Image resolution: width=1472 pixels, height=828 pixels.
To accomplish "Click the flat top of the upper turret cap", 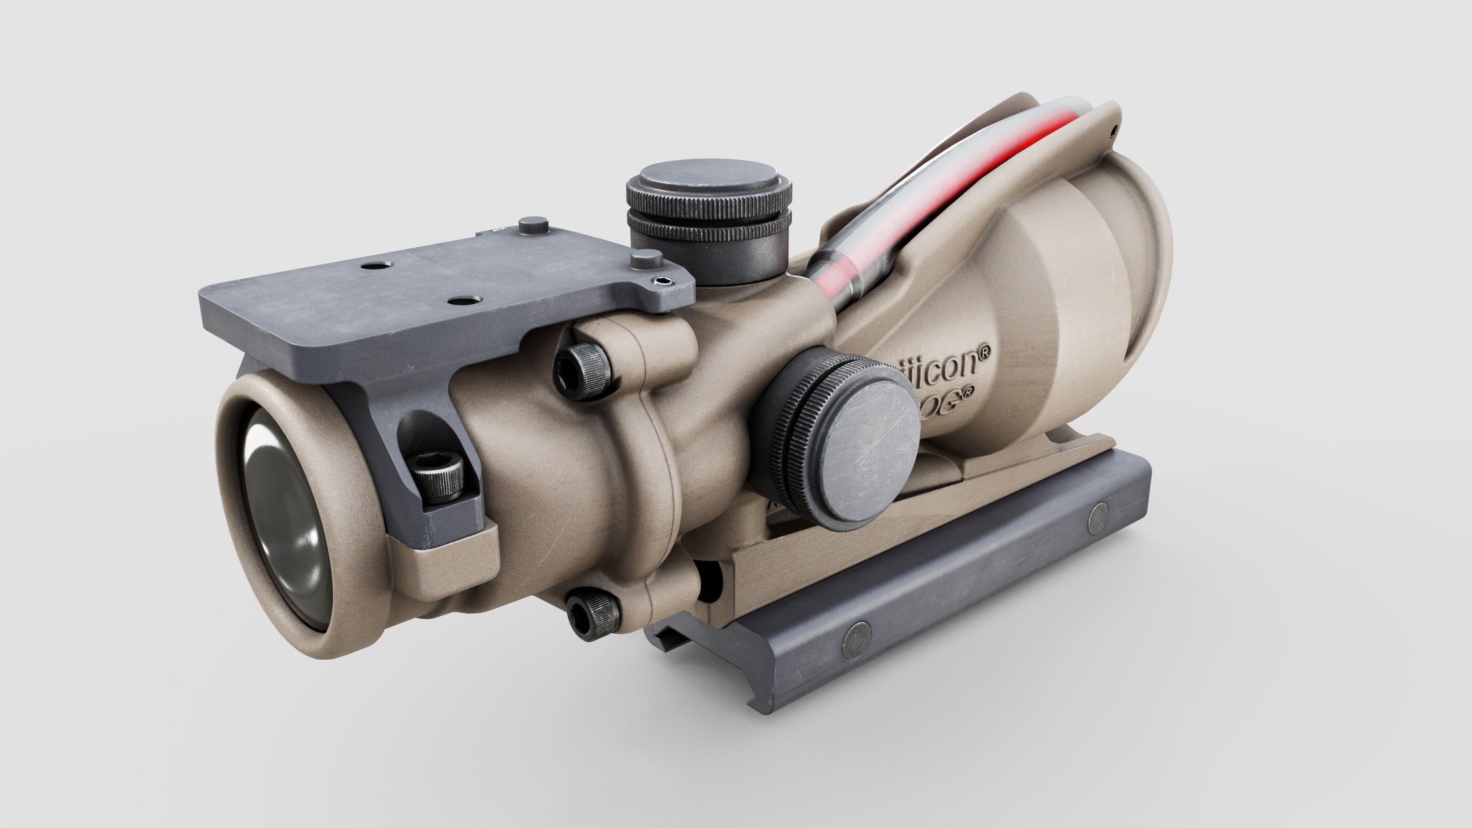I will click(x=708, y=177).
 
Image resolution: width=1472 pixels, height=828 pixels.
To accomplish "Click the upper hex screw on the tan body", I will click(x=583, y=368).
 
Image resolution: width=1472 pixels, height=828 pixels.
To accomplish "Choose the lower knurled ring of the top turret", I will click(x=708, y=226).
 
